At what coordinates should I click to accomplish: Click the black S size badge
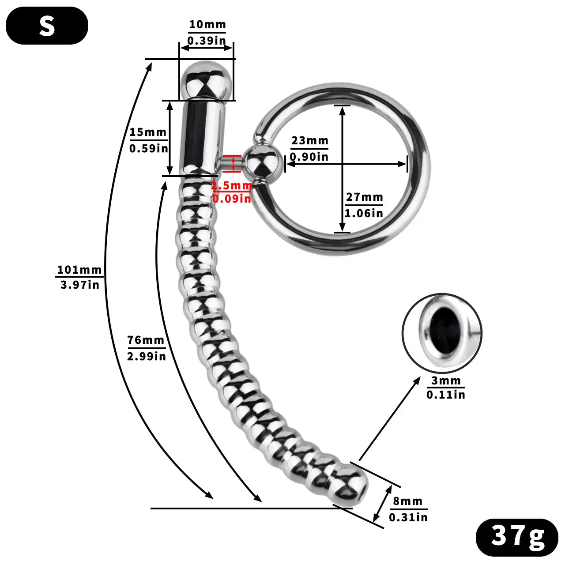[47, 26]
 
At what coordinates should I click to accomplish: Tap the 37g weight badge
[517, 537]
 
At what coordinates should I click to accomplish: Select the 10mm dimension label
[207, 25]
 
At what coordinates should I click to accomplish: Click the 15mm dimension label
[148, 132]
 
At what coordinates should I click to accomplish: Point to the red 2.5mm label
[231, 186]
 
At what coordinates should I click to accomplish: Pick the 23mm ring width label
[309, 141]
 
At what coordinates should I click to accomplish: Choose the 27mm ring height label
[364, 197]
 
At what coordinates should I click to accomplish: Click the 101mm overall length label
[79, 270]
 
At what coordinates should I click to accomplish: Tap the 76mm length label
[146, 340]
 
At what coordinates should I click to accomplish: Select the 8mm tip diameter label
[408, 501]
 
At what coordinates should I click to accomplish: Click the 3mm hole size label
[446, 380]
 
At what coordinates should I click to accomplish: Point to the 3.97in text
[80, 285]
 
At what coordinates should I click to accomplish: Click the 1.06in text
[364, 213]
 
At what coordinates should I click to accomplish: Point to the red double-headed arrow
[233, 163]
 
